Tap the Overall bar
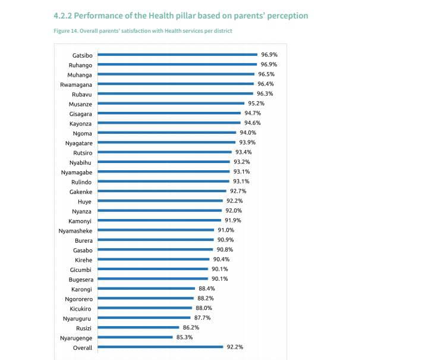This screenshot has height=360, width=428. (160, 348)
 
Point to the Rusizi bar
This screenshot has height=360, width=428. (139, 328)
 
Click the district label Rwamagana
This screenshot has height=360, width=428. (76, 84)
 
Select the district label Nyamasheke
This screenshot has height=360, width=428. (75, 230)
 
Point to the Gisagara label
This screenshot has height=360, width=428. (80, 113)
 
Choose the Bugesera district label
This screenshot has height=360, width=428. (79, 279)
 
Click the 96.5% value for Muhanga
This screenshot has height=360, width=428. (266, 74)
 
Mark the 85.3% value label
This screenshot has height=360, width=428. (202, 337)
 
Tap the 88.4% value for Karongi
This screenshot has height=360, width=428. (206, 289)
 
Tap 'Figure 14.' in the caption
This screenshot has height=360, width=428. (66, 31)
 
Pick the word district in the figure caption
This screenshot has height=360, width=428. (222, 31)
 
